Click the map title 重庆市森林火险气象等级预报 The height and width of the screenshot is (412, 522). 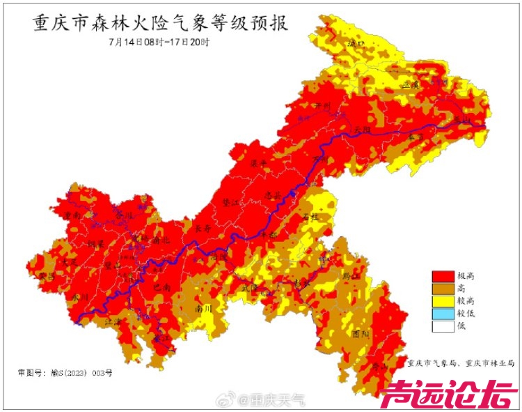160,24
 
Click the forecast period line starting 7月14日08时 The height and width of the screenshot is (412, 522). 159,41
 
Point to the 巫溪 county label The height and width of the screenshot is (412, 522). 411,84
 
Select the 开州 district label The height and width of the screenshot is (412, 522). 321,106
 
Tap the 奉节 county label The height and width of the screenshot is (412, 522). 416,137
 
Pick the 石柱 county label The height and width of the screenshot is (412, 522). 310,217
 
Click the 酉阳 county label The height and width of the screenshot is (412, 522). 360,334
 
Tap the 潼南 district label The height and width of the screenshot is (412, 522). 72,216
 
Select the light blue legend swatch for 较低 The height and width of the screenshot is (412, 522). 442,314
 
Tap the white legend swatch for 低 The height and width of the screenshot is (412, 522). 442,326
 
